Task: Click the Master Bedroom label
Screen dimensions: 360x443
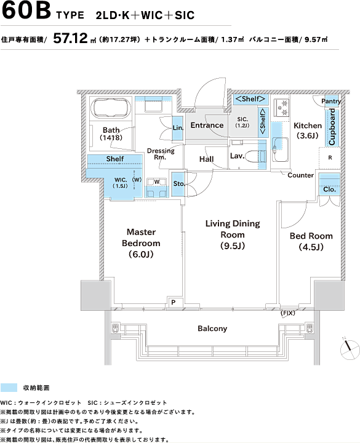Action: (141, 243)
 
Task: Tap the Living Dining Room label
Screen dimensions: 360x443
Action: (233, 234)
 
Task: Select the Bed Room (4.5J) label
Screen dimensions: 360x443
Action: (311, 241)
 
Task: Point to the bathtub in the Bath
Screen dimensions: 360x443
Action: (111, 108)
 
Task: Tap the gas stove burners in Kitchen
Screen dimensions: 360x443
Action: (281, 108)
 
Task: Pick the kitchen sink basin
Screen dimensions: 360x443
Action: (280, 150)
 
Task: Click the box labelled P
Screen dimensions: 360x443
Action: (174, 302)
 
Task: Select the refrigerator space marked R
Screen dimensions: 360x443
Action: (330, 158)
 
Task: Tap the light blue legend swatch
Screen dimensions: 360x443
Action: (9, 388)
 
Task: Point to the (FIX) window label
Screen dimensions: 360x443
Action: (287, 313)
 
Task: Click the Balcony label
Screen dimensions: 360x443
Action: (212, 329)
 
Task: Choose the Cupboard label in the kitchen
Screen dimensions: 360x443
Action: (332, 127)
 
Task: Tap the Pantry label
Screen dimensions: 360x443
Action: (331, 101)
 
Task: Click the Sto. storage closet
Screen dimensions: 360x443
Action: (178, 184)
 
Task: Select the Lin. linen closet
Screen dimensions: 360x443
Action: (178, 128)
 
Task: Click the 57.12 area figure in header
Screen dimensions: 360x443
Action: (71, 38)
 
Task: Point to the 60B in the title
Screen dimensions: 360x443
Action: (26, 10)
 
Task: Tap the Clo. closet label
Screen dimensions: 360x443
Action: (329, 190)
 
